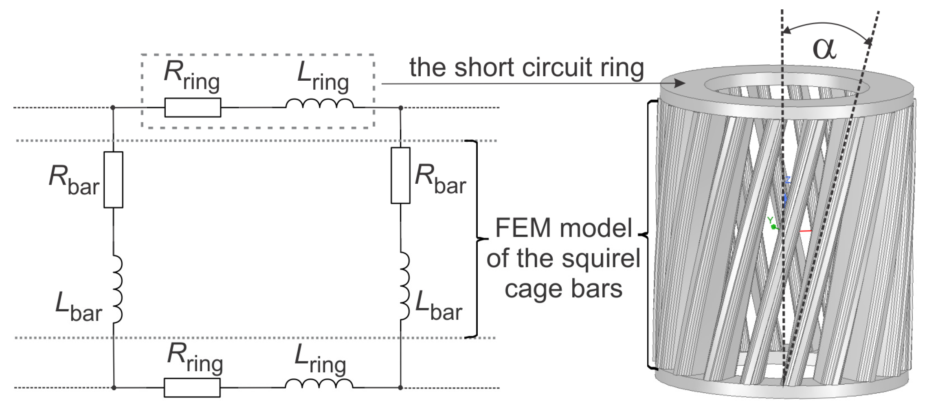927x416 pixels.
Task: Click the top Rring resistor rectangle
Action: coord(193,108)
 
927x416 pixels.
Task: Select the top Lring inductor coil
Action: coord(320,104)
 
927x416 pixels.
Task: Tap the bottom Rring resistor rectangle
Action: coord(192,387)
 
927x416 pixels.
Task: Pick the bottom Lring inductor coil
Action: coord(319,384)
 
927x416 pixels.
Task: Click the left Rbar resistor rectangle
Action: coord(113,180)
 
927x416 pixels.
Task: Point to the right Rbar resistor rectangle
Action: coord(400,175)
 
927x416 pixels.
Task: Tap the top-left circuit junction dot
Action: coord(113,108)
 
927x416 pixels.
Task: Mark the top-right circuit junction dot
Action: coord(401,108)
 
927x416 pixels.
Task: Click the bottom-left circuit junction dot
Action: coord(114,387)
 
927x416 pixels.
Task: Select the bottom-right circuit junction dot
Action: coord(401,387)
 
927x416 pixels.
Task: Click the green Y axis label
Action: coord(770,220)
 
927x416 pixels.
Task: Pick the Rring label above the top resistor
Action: coord(191,75)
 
